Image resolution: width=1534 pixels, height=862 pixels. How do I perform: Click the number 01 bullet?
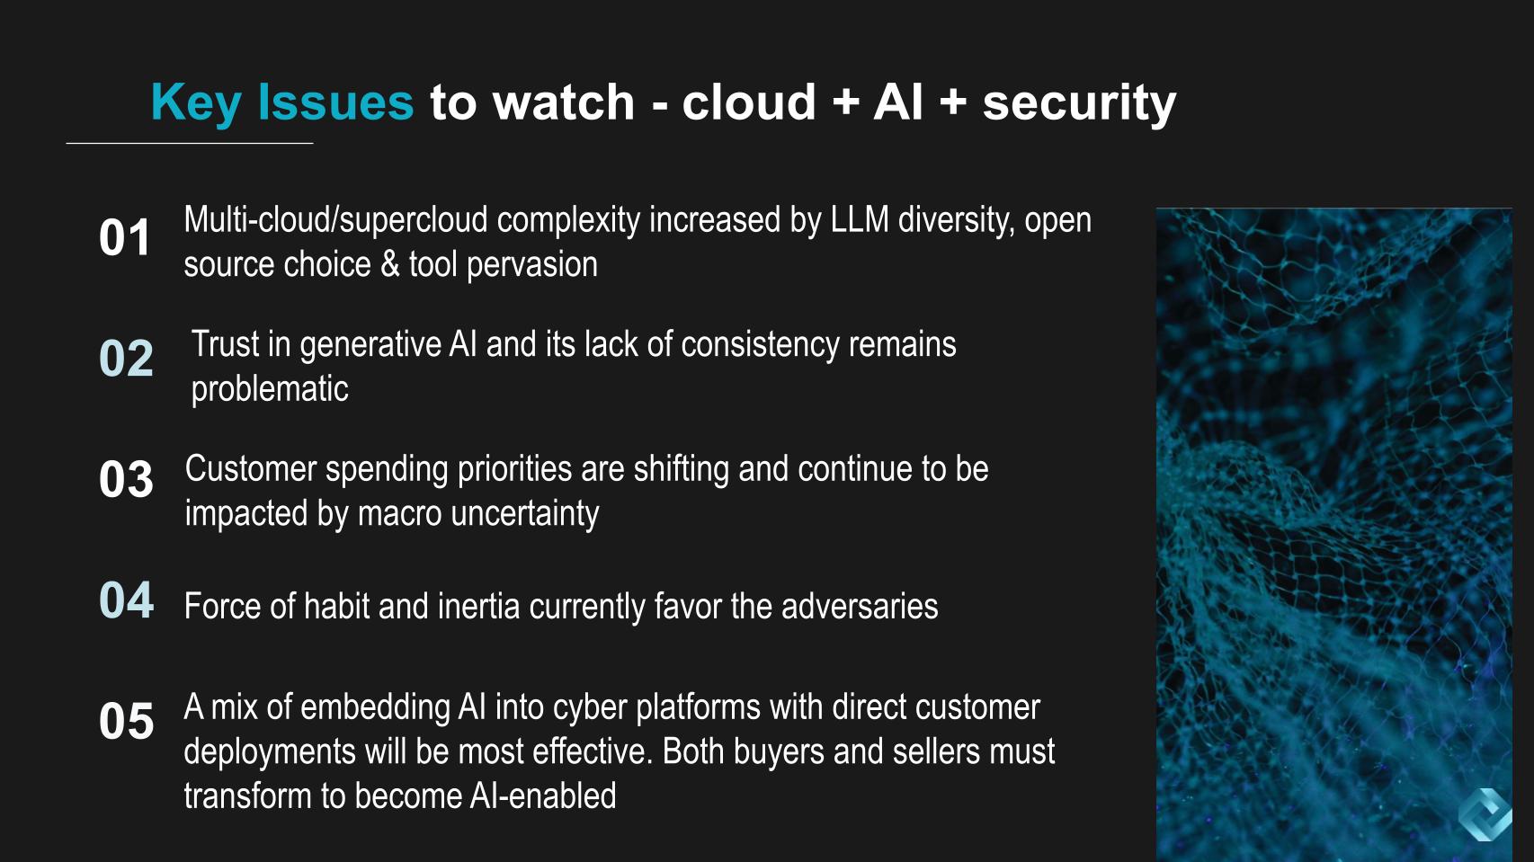[x=125, y=238]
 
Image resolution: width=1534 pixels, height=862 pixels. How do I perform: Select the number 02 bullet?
[x=126, y=359]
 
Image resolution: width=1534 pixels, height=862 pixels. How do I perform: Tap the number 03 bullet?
[x=126, y=479]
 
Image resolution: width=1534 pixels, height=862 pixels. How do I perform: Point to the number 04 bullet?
[x=126, y=600]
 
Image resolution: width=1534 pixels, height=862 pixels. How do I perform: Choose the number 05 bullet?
[x=126, y=721]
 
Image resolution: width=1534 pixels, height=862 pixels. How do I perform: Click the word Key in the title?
[x=196, y=103]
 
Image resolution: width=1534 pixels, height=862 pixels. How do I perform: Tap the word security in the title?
[x=1079, y=103]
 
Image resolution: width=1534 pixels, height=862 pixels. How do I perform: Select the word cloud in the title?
[x=748, y=102]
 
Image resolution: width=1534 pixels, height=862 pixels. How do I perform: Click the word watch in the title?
[x=564, y=102]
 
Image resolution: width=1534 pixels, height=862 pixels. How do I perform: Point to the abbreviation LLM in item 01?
[x=860, y=220]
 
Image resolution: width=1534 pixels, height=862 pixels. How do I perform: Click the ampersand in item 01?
[x=389, y=265]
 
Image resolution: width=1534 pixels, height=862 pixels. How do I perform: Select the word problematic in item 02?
[x=270, y=389]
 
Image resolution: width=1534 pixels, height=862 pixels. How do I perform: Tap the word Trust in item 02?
[x=227, y=344]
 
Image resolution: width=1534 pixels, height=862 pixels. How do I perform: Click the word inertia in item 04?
[x=478, y=607]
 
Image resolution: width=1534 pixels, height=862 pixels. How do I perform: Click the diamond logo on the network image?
[x=1485, y=814]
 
